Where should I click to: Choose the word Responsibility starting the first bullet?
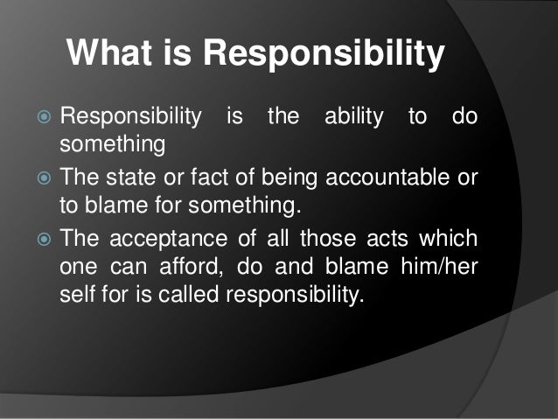pyautogui.click(x=129, y=115)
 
